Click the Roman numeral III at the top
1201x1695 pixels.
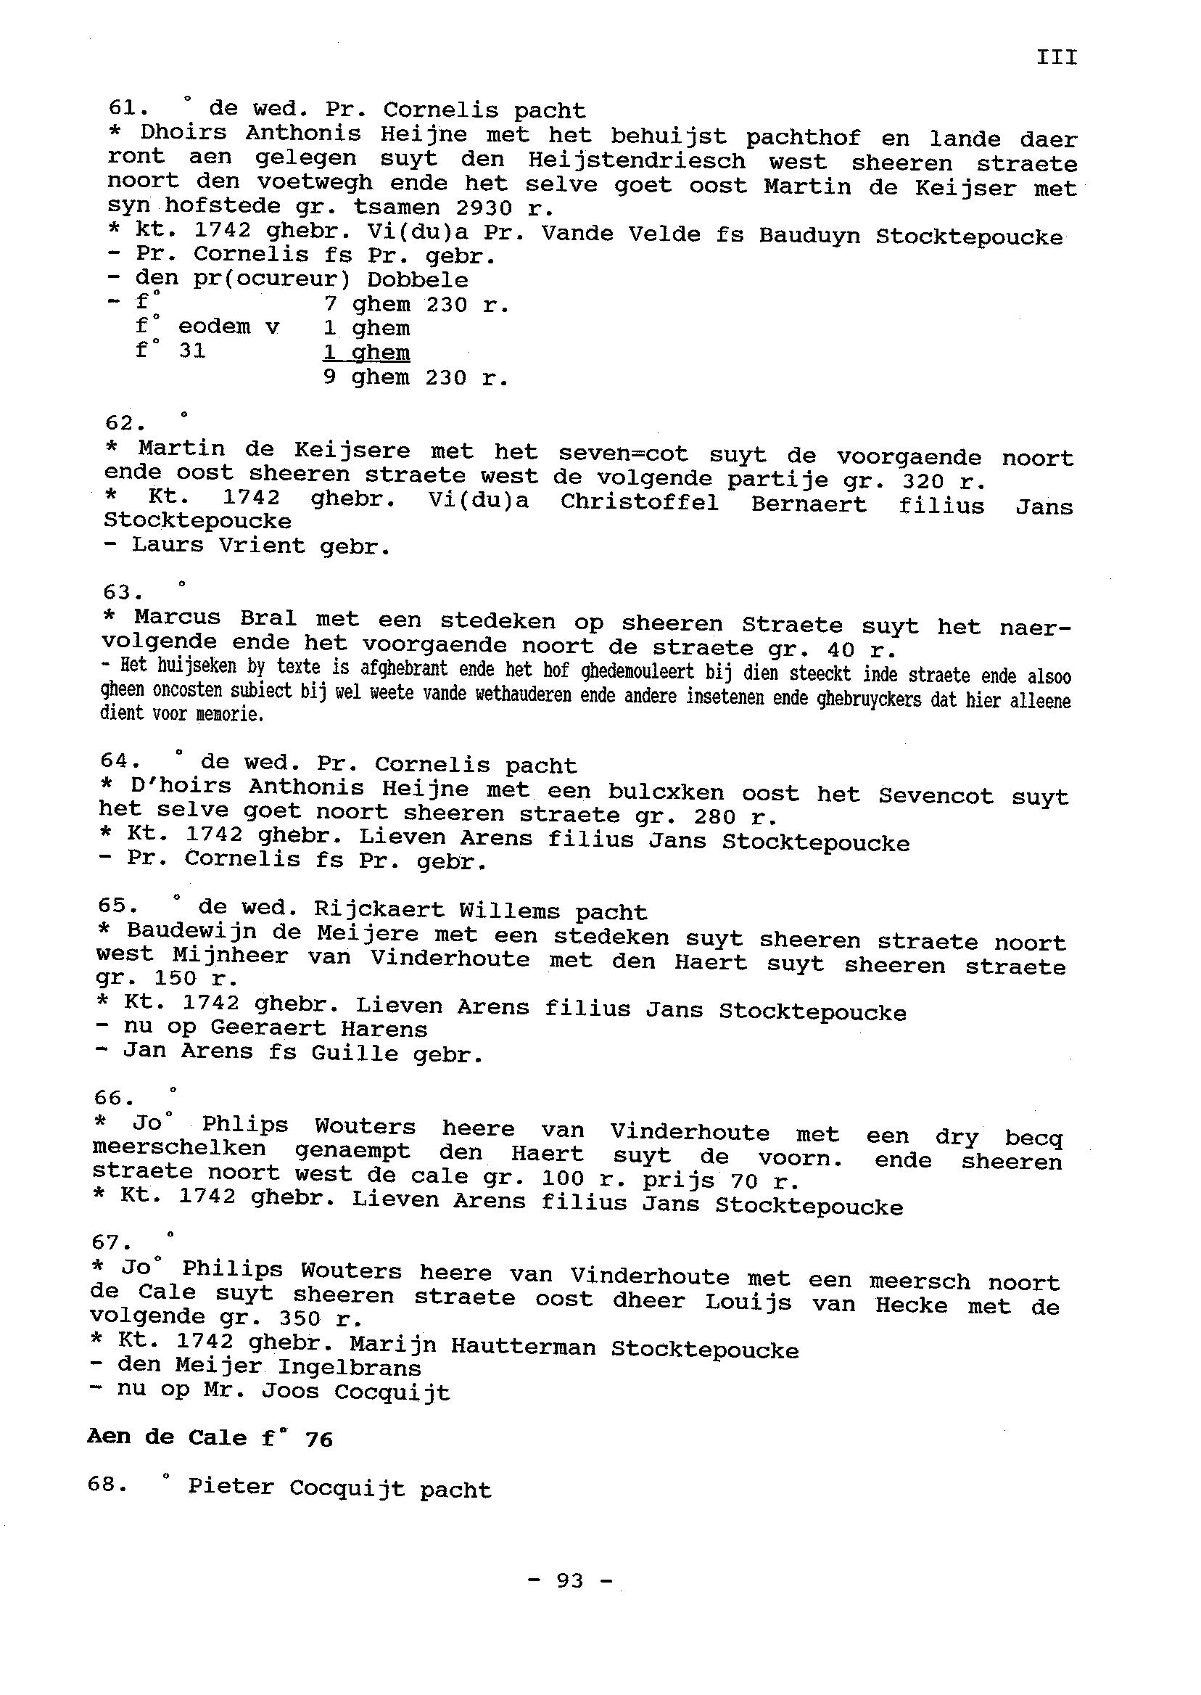click(x=1057, y=58)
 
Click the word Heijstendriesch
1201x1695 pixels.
click(x=637, y=160)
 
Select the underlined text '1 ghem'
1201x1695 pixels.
click(x=366, y=353)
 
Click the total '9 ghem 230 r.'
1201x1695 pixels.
click(x=416, y=378)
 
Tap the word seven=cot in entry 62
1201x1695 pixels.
click(x=623, y=453)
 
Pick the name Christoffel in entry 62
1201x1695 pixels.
click(x=639, y=503)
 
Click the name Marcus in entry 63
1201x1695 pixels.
click(x=177, y=617)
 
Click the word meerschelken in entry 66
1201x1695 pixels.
click(x=179, y=1149)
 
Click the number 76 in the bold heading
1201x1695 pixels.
click(x=318, y=1439)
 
